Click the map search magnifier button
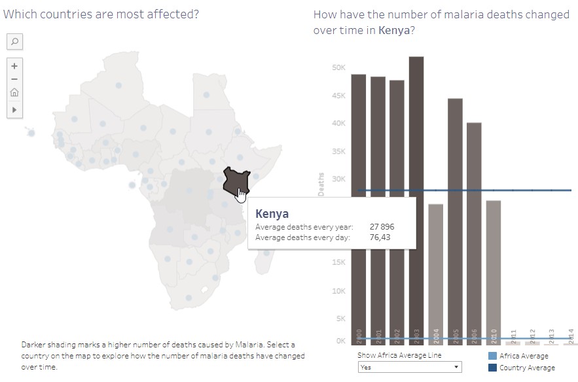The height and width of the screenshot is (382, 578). click(14, 42)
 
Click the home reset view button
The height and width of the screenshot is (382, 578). click(14, 93)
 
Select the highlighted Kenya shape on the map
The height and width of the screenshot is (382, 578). click(232, 180)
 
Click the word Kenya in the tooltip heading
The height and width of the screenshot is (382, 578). click(272, 214)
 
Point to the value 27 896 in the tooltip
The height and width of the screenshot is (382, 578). click(382, 227)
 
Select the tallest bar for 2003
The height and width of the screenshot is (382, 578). click(416, 196)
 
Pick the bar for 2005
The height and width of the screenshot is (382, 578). click(455, 216)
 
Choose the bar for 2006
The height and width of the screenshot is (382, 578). click(474, 229)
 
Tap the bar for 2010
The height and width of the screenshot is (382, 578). click(494, 271)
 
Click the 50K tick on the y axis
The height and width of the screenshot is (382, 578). click(338, 67)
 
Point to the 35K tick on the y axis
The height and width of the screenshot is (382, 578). click(338, 151)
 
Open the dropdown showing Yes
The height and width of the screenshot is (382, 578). click(409, 367)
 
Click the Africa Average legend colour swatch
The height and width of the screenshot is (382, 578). click(493, 356)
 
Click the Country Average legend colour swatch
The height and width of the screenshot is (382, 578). click(493, 368)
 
